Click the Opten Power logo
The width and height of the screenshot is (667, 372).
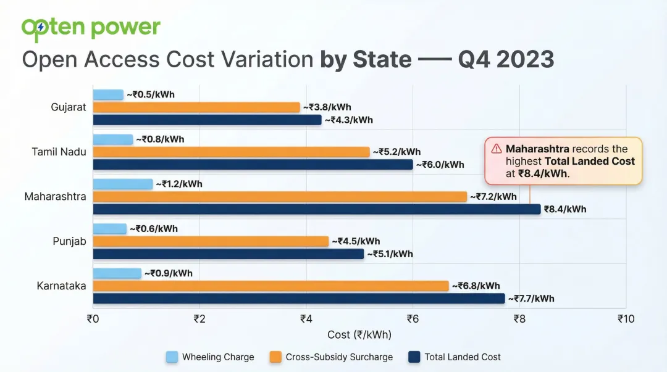pyautogui.click(x=91, y=28)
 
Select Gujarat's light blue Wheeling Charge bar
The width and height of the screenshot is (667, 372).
pyautogui.click(x=108, y=94)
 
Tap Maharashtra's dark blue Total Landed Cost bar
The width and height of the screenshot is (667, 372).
pyautogui.click(x=317, y=209)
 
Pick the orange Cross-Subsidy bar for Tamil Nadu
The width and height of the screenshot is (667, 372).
pyautogui.click(x=232, y=152)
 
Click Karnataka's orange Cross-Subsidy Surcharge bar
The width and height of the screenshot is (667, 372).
pyautogui.click(x=271, y=286)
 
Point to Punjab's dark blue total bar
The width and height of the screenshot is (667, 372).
pyautogui.click(x=229, y=254)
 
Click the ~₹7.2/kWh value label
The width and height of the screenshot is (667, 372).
pyautogui.click(x=493, y=197)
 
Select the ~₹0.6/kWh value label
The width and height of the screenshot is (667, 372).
pyautogui.click(x=154, y=229)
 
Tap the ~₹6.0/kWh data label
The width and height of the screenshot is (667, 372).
pyautogui.click(x=440, y=165)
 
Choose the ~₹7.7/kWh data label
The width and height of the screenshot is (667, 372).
pyautogui.click(x=531, y=299)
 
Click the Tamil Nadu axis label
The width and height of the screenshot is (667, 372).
pyautogui.click(x=59, y=152)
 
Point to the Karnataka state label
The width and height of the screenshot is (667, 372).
pyautogui.click(x=61, y=286)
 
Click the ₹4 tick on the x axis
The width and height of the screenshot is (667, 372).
pyautogui.click(x=306, y=319)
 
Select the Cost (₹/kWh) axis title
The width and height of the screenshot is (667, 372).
pyautogui.click(x=359, y=334)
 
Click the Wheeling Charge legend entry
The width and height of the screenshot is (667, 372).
pyautogui.click(x=210, y=357)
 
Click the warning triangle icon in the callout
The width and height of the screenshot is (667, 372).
pyautogui.click(x=497, y=149)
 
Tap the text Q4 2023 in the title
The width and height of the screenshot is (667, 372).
pyautogui.click(x=506, y=60)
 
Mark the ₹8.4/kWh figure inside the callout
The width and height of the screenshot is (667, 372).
pyautogui.click(x=541, y=173)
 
